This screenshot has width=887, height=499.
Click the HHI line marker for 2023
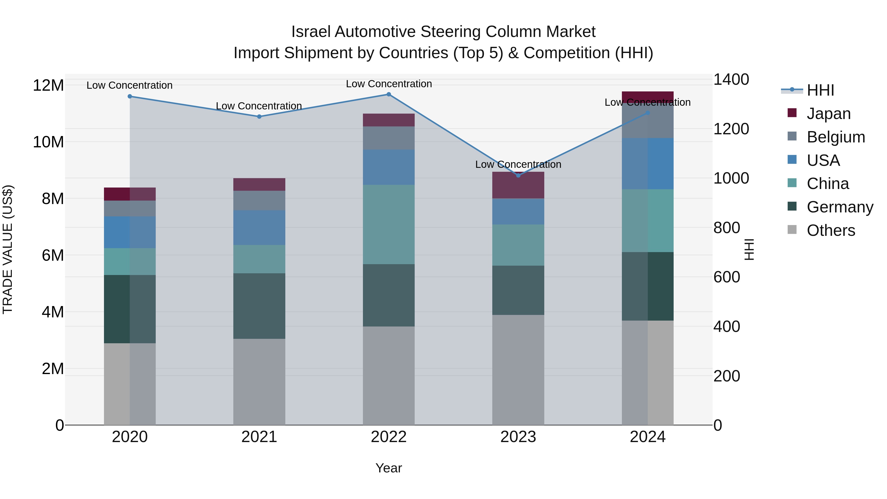point(518,175)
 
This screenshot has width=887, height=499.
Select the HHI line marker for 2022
point(389,94)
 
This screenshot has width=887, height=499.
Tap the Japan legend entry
point(828,114)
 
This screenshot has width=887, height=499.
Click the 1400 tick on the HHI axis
point(731,80)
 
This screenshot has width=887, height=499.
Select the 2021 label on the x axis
point(259,437)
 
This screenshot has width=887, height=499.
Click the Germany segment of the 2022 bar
point(389,295)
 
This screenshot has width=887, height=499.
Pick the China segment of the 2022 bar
point(389,224)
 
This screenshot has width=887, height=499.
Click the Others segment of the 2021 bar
point(259,381)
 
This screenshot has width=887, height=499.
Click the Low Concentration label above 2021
point(259,106)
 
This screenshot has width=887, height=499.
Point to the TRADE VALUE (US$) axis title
point(8,249)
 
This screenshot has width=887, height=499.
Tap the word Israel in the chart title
point(311,32)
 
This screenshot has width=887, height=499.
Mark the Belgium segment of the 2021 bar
point(259,200)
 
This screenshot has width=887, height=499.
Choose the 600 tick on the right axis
point(727,277)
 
